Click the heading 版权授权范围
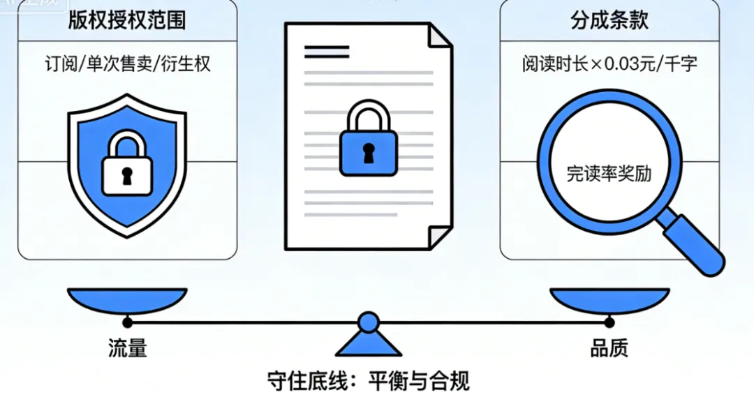coord(126,20)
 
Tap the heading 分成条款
coord(609,20)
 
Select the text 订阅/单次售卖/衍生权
coord(126,64)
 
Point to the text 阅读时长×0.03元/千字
coord(609,64)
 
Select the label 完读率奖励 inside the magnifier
coord(609,173)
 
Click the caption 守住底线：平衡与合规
coord(368,381)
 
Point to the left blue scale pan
coord(126,299)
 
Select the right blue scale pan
coord(609,299)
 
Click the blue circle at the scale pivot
coord(368,322)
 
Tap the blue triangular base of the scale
coord(368,343)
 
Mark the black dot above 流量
coord(127,322)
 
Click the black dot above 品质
coord(609,322)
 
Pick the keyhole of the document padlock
coord(368,154)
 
